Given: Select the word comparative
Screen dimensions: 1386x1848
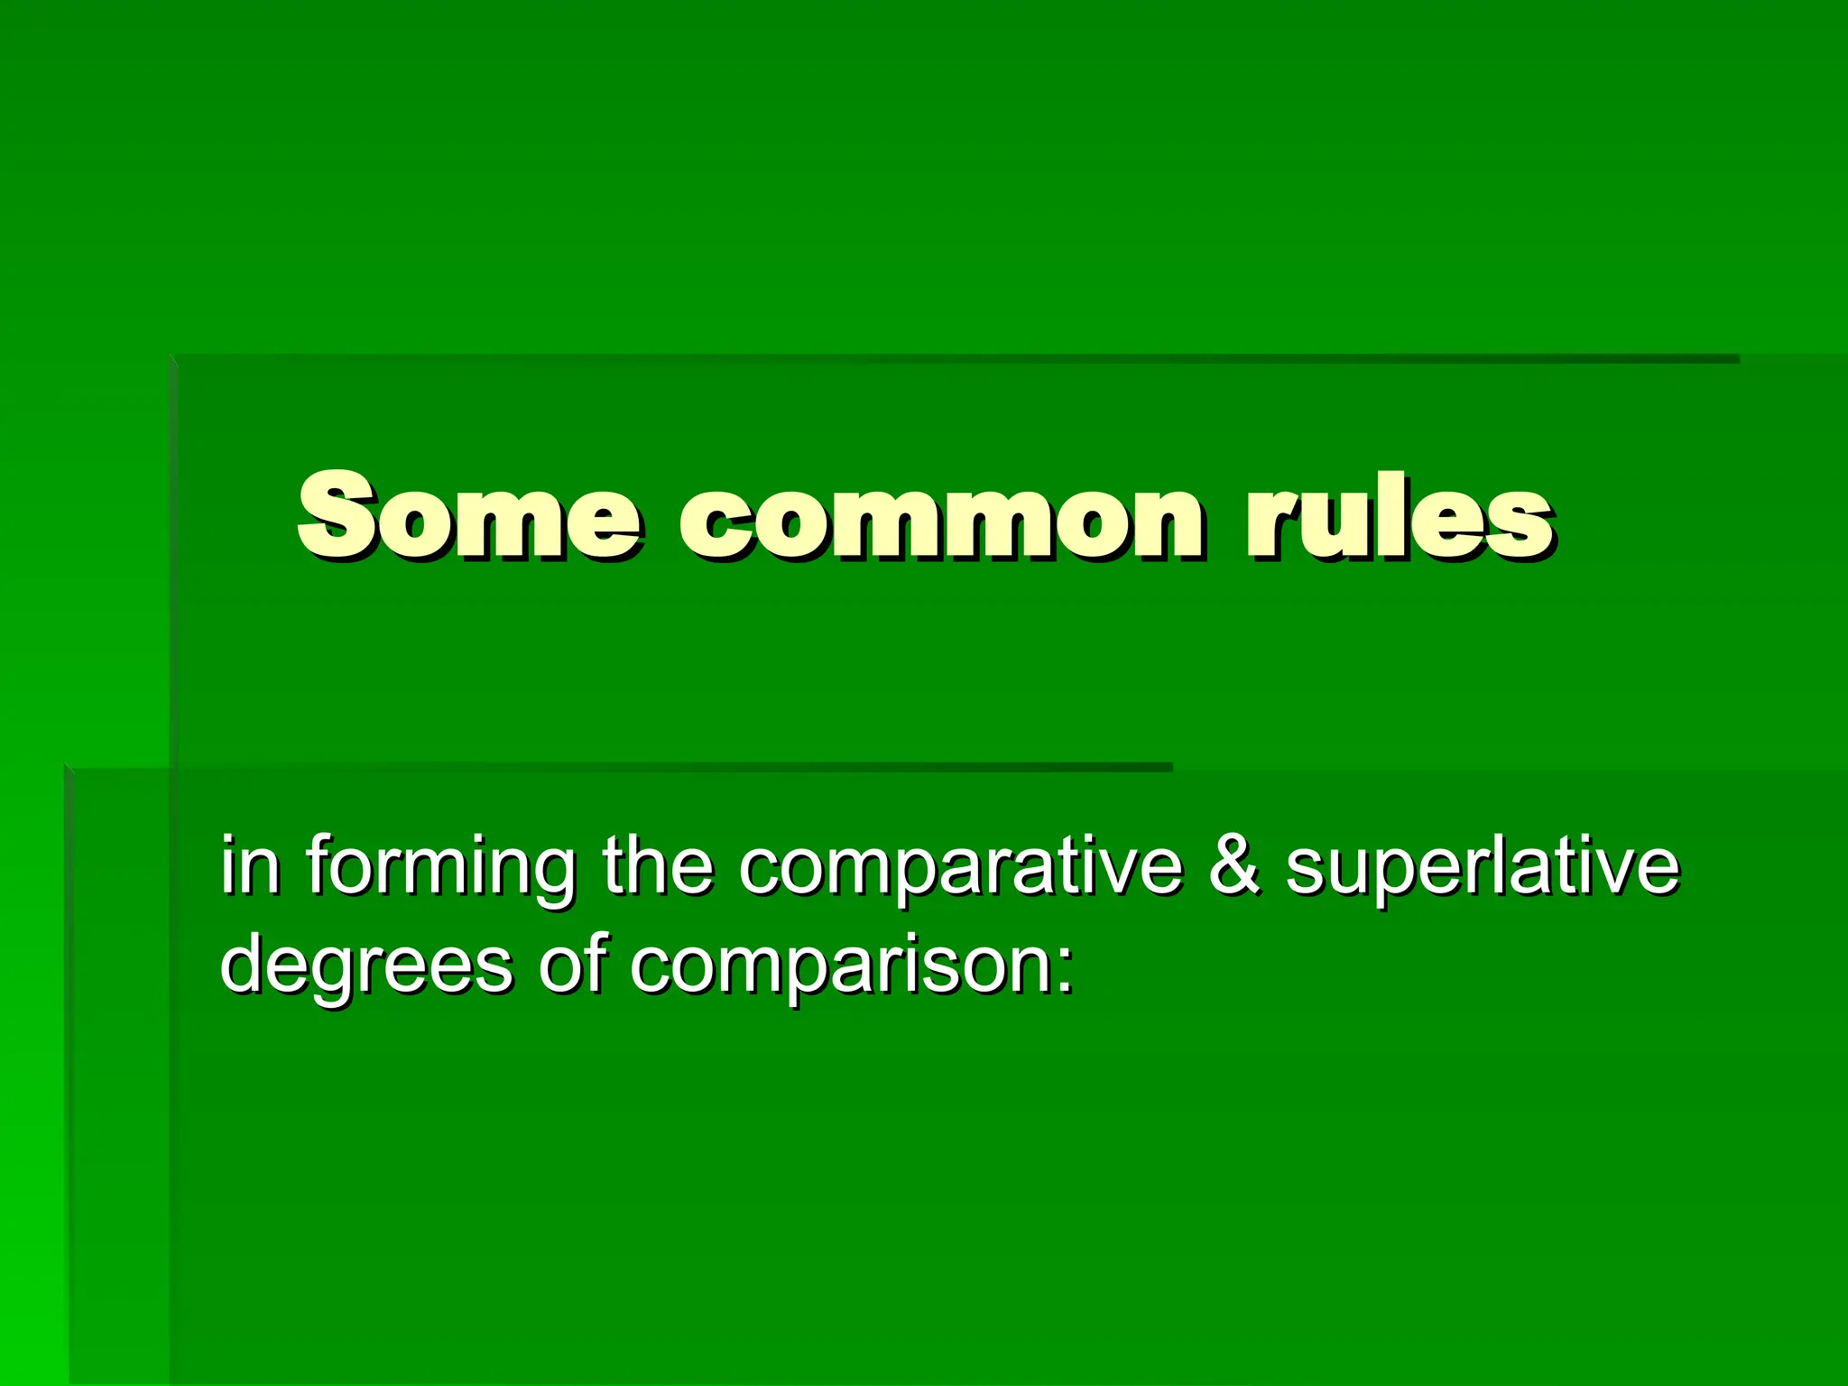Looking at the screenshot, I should pos(960,868).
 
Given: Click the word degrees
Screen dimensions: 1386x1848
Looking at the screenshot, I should pos(366,967).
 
